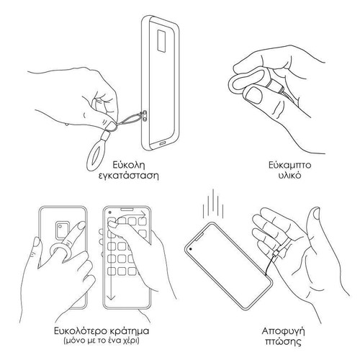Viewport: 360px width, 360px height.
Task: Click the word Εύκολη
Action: pyautogui.click(x=129, y=165)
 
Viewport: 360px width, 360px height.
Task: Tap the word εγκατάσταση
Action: pyautogui.click(x=129, y=176)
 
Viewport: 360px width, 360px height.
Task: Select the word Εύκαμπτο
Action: pyautogui.click(x=289, y=166)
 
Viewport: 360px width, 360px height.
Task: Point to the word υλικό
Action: pyautogui.click(x=289, y=175)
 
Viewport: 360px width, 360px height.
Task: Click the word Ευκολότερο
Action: pyautogui.click(x=80, y=331)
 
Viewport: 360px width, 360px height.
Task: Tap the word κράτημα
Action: pyautogui.click(x=130, y=331)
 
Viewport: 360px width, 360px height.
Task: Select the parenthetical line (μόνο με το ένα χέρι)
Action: pyautogui.click(x=102, y=341)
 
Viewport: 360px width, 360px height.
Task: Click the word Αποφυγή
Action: pyautogui.click(x=283, y=332)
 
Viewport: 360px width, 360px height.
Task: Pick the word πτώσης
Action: pyautogui.click(x=284, y=342)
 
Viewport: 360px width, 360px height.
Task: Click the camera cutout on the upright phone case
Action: pyautogui.click(x=162, y=40)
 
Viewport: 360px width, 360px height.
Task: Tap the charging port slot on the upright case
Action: pyautogui.click(x=162, y=143)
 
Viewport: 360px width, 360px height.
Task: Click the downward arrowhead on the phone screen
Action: pyautogui.click(x=111, y=297)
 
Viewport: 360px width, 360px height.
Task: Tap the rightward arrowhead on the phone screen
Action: pyautogui.click(x=143, y=214)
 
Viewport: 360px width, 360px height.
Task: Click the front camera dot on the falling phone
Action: pyautogui.click(x=191, y=248)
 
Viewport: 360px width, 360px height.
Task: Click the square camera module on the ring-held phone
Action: pyautogui.click(x=62, y=230)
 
